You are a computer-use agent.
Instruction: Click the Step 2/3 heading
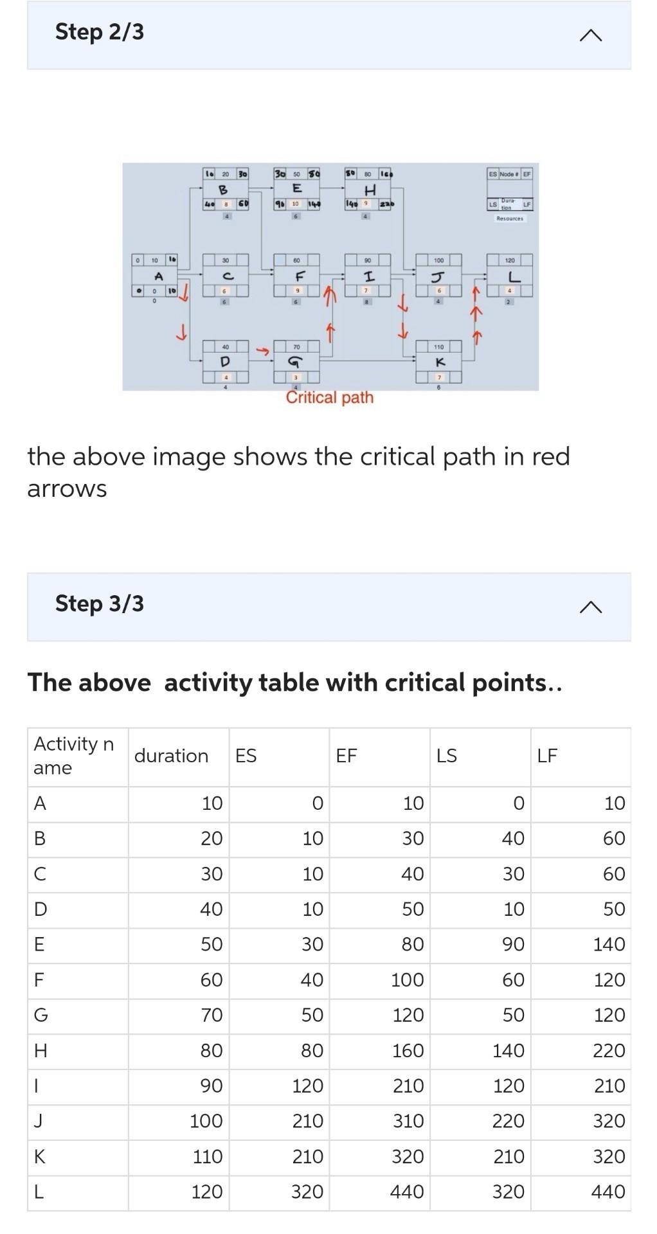pos(100,31)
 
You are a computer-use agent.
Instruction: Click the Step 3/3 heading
pos(100,604)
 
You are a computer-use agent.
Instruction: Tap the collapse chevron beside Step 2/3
pos(590,35)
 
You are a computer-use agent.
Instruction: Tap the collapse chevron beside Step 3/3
pos(590,607)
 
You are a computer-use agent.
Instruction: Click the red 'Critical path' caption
pos(329,397)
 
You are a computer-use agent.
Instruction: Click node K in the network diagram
pos(439,362)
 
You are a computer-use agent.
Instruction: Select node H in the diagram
pos(369,190)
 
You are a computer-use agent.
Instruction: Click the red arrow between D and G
pos(262,351)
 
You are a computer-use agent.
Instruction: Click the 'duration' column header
pos(171,756)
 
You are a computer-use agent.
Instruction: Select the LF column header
pos(547,756)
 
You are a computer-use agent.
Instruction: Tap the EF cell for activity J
pos(408,1121)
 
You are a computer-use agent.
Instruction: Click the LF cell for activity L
pos(607,1192)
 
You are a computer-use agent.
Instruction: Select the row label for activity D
pos(40,909)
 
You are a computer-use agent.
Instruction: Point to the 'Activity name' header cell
pos(73,756)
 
